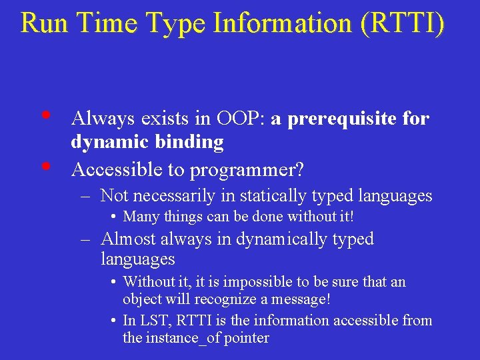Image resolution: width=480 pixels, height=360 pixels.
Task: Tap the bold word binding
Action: tap(195, 142)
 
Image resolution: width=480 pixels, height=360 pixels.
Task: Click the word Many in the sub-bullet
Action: tap(141, 217)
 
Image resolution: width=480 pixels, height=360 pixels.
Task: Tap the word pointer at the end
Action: tap(247, 338)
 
